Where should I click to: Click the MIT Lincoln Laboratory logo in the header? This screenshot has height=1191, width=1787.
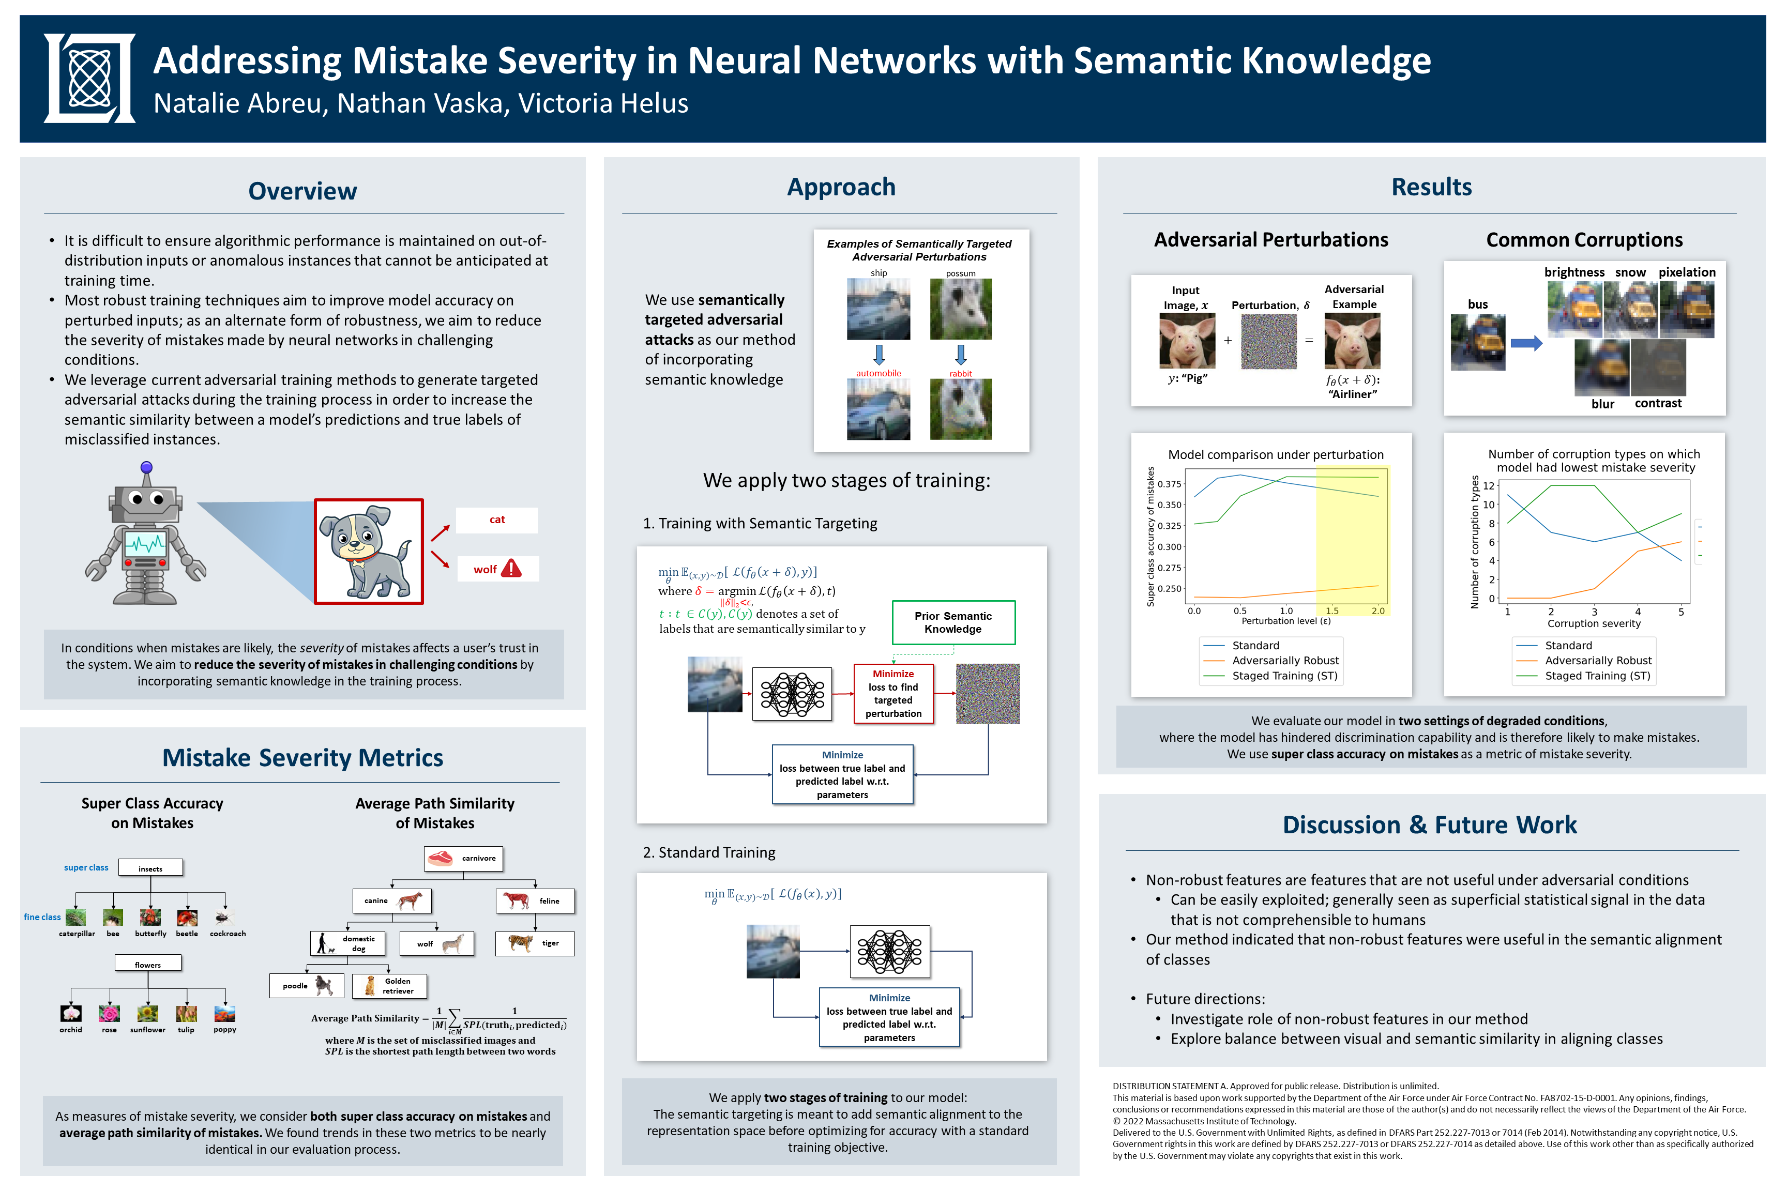coord(89,78)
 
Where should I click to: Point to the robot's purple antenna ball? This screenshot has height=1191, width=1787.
coord(147,467)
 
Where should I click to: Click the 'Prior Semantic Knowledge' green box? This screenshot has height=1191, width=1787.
coord(953,622)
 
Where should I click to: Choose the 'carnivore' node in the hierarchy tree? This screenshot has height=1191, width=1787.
coord(463,858)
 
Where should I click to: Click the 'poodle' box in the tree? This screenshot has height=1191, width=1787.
coord(306,986)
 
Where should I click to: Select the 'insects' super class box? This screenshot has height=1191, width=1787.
coord(150,868)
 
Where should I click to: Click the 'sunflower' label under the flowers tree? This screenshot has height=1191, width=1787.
coord(147,1030)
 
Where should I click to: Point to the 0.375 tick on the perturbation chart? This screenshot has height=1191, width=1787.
coord(1169,484)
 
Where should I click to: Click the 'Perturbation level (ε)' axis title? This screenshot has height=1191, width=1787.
coord(1285,620)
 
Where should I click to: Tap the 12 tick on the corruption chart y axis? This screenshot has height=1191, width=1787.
coord(1489,486)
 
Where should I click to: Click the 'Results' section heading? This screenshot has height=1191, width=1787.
coord(1431,187)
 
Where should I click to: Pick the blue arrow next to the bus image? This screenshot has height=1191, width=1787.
coord(1526,343)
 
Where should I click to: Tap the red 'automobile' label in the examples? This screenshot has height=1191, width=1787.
coord(879,373)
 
